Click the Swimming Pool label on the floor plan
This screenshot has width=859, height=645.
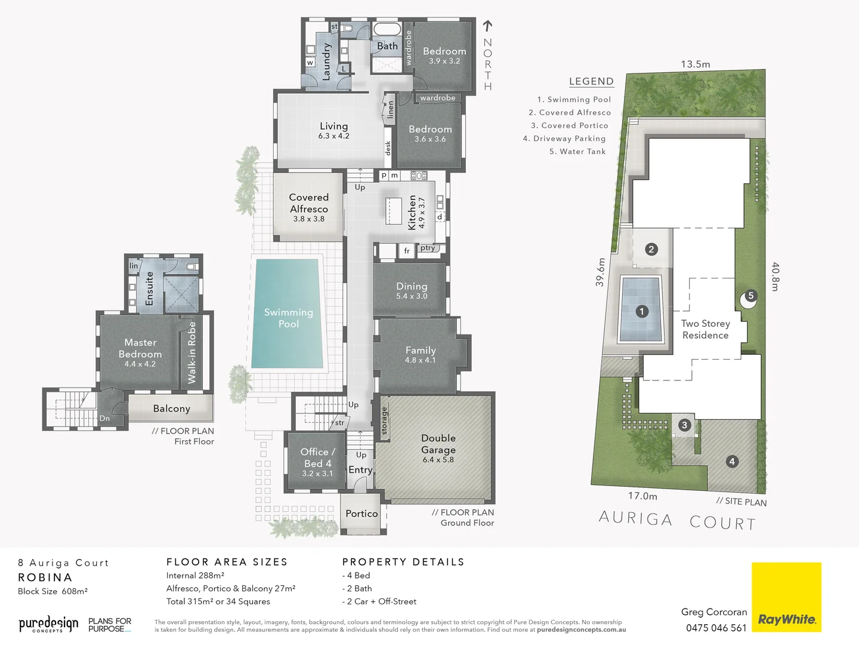(289, 318)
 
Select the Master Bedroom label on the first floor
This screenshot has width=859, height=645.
(140, 352)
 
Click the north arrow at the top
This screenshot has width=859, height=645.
(487, 26)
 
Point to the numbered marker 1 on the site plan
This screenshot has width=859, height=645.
(642, 311)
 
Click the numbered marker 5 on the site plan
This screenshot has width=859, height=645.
(750, 296)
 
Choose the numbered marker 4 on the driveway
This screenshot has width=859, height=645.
(732, 461)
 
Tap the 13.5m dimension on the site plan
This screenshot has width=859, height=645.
(696, 64)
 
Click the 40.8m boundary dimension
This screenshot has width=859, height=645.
(775, 277)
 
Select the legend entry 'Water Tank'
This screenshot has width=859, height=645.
(577, 152)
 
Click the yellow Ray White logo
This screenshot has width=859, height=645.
(786, 597)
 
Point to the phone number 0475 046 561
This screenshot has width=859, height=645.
(716, 628)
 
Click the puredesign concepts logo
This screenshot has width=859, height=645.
(48, 625)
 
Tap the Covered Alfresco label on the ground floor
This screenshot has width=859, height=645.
(309, 207)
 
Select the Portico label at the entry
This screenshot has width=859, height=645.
(361, 514)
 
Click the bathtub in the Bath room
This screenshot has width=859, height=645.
(387, 29)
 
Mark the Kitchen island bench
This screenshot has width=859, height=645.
(394, 210)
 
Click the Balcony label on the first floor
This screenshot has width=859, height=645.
(171, 408)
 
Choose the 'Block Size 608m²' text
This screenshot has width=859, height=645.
(53, 591)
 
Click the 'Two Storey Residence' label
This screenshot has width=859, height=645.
(705, 329)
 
